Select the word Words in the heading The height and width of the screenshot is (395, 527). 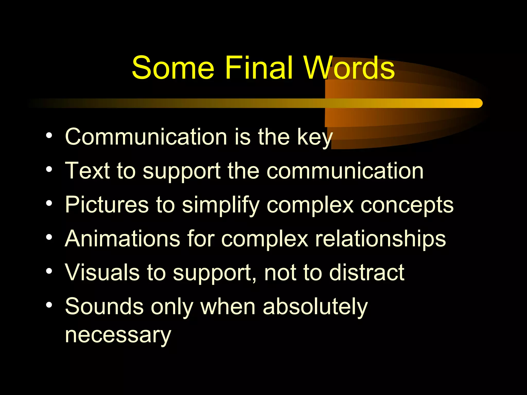pos(349,67)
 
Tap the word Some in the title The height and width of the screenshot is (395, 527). pos(173,68)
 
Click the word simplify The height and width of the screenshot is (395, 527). pos(221,205)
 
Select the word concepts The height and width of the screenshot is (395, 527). pos(407,205)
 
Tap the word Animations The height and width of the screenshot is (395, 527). pos(122,238)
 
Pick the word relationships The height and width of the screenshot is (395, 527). pos(380,239)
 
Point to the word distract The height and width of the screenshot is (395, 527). pos(367,272)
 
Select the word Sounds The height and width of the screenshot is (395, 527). pos(104,306)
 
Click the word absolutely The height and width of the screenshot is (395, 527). pos(315,307)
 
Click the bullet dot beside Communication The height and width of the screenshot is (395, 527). pos(49,135)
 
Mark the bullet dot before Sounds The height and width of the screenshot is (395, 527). pos(49,305)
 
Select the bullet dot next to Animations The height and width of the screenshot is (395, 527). pos(49,237)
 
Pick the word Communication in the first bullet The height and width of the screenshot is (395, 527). pos(146,137)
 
